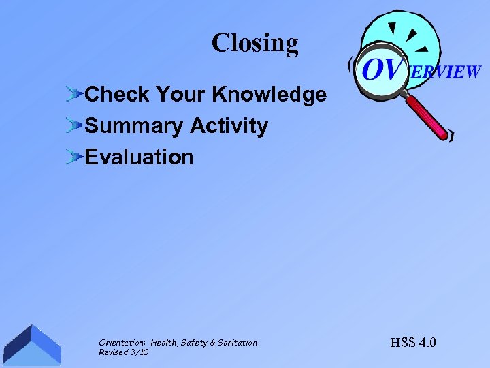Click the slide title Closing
click(x=255, y=43)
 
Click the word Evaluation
click(x=139, y=157)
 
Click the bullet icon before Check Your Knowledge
click(x=75, y=95)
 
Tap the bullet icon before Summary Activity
click(x=75, y=126)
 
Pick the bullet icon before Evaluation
click(x=75, y=157)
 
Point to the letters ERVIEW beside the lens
click(x=446, y=72)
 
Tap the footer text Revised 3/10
click(x=124, y=352)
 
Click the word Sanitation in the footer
click(x=238, y=343)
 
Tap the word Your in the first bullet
click(x=182, y=95)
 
